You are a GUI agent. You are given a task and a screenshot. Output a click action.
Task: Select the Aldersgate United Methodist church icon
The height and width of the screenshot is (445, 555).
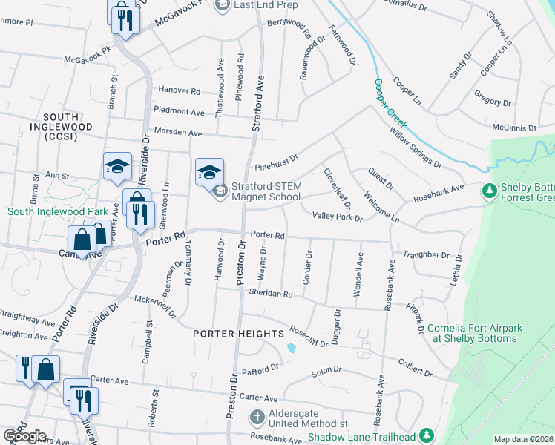click(257, 417)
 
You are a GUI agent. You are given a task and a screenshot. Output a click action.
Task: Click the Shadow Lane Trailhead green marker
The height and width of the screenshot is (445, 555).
click(427, 435)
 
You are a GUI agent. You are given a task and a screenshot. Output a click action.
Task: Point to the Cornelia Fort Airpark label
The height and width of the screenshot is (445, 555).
click(472, 333)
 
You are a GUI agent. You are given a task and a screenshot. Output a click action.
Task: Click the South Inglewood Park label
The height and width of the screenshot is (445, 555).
click(53, 211)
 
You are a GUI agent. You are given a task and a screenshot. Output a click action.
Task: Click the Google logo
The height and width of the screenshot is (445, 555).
click(24, 436)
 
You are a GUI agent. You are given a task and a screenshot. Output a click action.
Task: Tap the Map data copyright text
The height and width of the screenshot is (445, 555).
click(523, 439)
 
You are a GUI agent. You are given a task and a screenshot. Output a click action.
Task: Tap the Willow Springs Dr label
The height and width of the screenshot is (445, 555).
click(416, 143)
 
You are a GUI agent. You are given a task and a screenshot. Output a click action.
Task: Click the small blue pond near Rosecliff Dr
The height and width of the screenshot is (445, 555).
click(292, 347)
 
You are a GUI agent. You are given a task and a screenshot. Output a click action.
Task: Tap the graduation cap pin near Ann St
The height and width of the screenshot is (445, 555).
click(117, 168)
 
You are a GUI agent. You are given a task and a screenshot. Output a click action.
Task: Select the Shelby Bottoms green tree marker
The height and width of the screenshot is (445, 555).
click(489, 192)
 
